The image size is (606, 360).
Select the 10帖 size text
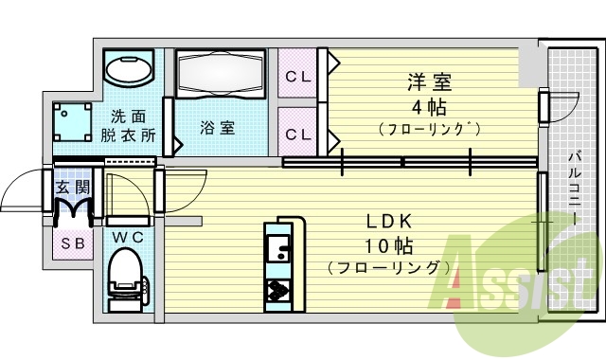coord(387,246)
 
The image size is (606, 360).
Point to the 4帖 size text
coord(422,104)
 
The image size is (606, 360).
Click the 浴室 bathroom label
coord(218,126)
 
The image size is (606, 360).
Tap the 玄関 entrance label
coord(71,187)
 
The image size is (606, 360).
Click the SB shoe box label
coord(71,242)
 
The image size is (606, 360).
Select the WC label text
coord(127,236)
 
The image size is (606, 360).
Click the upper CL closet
coord(299,75)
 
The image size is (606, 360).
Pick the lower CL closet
coord(299,134)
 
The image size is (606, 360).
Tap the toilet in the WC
coord(126,275)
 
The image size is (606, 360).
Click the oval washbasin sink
coord(129,68)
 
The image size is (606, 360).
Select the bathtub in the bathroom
coord(221,74)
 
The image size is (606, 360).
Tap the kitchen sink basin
coord(278,250)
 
